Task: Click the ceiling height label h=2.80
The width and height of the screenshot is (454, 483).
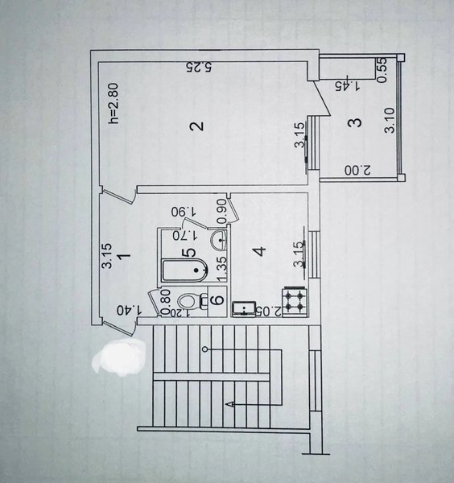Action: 113,103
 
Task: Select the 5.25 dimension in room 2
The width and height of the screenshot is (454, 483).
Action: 199,67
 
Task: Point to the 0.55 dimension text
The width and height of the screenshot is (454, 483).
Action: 382,70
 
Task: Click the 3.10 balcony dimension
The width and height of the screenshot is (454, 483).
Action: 390,120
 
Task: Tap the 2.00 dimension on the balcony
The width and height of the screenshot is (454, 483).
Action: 358,171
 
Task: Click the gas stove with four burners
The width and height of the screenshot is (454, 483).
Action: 295,302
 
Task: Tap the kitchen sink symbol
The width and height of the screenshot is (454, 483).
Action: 243,309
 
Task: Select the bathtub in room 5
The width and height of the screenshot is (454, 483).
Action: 184,270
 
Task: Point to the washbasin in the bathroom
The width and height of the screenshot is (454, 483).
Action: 219,240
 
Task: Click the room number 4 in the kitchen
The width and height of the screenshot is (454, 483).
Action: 261,251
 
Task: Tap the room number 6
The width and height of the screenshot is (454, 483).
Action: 218,299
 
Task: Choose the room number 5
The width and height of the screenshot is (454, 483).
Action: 189,253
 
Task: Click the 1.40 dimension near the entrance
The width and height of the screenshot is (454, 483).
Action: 130,310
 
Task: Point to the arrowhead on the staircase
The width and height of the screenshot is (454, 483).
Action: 229,404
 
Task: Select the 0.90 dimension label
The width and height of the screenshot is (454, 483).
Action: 221,211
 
